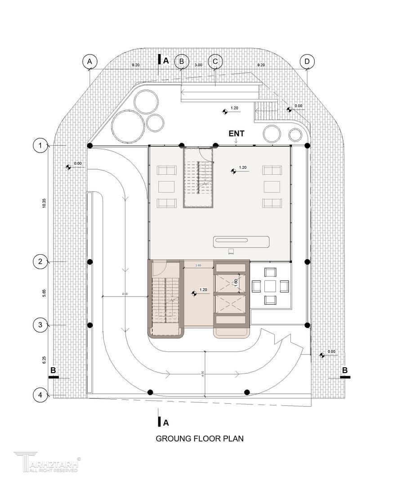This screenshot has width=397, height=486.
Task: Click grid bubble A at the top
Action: (x=89, y=61)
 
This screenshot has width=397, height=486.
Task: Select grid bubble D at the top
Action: (x=307, y=61)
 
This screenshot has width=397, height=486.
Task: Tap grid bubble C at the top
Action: (x=215, y=61)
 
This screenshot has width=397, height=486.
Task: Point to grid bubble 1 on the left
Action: (x=40, y=145)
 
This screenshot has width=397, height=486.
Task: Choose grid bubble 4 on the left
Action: (x=40, y=395)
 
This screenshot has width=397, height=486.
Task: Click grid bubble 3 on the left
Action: (x=40, y=324)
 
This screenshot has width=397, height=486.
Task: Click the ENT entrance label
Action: (x=236, y=134)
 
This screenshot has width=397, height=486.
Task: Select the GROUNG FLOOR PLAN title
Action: (x=200, y=438)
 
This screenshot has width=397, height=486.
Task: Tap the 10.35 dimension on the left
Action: (x=44, y=203)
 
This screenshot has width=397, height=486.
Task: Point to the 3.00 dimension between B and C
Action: (x=198, y=65)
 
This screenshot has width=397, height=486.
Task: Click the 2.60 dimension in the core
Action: (x=198, y=266)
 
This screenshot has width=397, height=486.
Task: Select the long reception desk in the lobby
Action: (x=241, y=241)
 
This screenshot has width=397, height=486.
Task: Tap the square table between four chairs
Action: (x=271, y=287)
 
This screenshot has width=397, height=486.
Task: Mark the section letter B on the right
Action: (x=345, y=370)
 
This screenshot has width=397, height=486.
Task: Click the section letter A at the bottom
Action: (x=165, y=423)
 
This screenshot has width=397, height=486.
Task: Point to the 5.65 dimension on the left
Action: (x=44, y=293)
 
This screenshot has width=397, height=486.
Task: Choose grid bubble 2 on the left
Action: (x=40, y=261)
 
